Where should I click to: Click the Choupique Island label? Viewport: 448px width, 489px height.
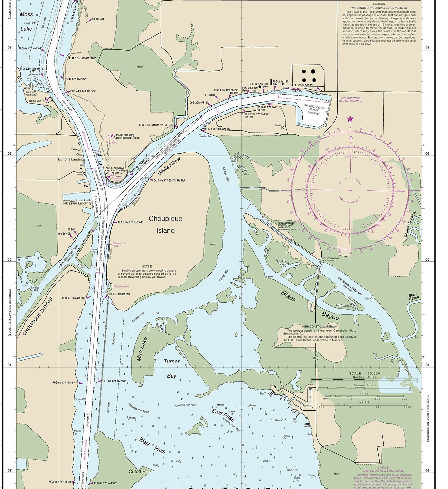tap(165, 224)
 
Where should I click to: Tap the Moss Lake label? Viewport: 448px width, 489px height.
tap(26, 21)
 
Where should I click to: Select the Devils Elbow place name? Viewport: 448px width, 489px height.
tap(169, 167)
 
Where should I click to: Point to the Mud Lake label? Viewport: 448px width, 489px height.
tap(142, 349)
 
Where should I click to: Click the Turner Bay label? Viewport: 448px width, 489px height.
tap(172, 368)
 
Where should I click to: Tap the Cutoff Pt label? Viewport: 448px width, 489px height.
tap(138, 471)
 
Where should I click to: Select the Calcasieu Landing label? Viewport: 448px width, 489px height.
tap(76, 203)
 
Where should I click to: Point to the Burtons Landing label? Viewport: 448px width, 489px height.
tap(71, 159)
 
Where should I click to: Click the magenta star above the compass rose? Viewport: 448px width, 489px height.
tap(350, 119)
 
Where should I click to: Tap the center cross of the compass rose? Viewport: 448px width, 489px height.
tap(350, 190)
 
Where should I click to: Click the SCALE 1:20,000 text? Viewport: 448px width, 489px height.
tap(364, 373)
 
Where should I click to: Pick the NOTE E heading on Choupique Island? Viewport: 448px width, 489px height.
tap(147, 266)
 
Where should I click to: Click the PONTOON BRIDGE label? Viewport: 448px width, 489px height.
tap(331, 258)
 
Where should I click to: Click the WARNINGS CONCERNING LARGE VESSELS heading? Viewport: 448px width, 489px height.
tap(379, 8)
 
